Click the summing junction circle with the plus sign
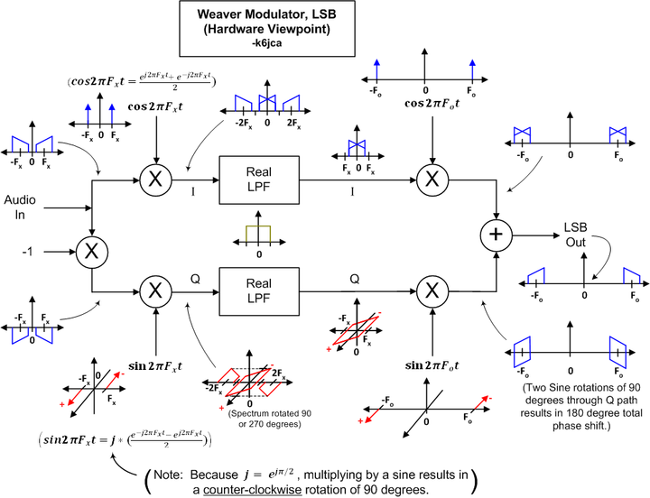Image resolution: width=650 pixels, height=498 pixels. [x=497, y=234]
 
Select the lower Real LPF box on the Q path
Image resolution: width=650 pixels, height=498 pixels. [x=258, y=290]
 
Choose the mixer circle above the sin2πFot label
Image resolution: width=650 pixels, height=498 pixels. [x=432, y=290]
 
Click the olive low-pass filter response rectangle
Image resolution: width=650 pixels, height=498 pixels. [x=258, y=234]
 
